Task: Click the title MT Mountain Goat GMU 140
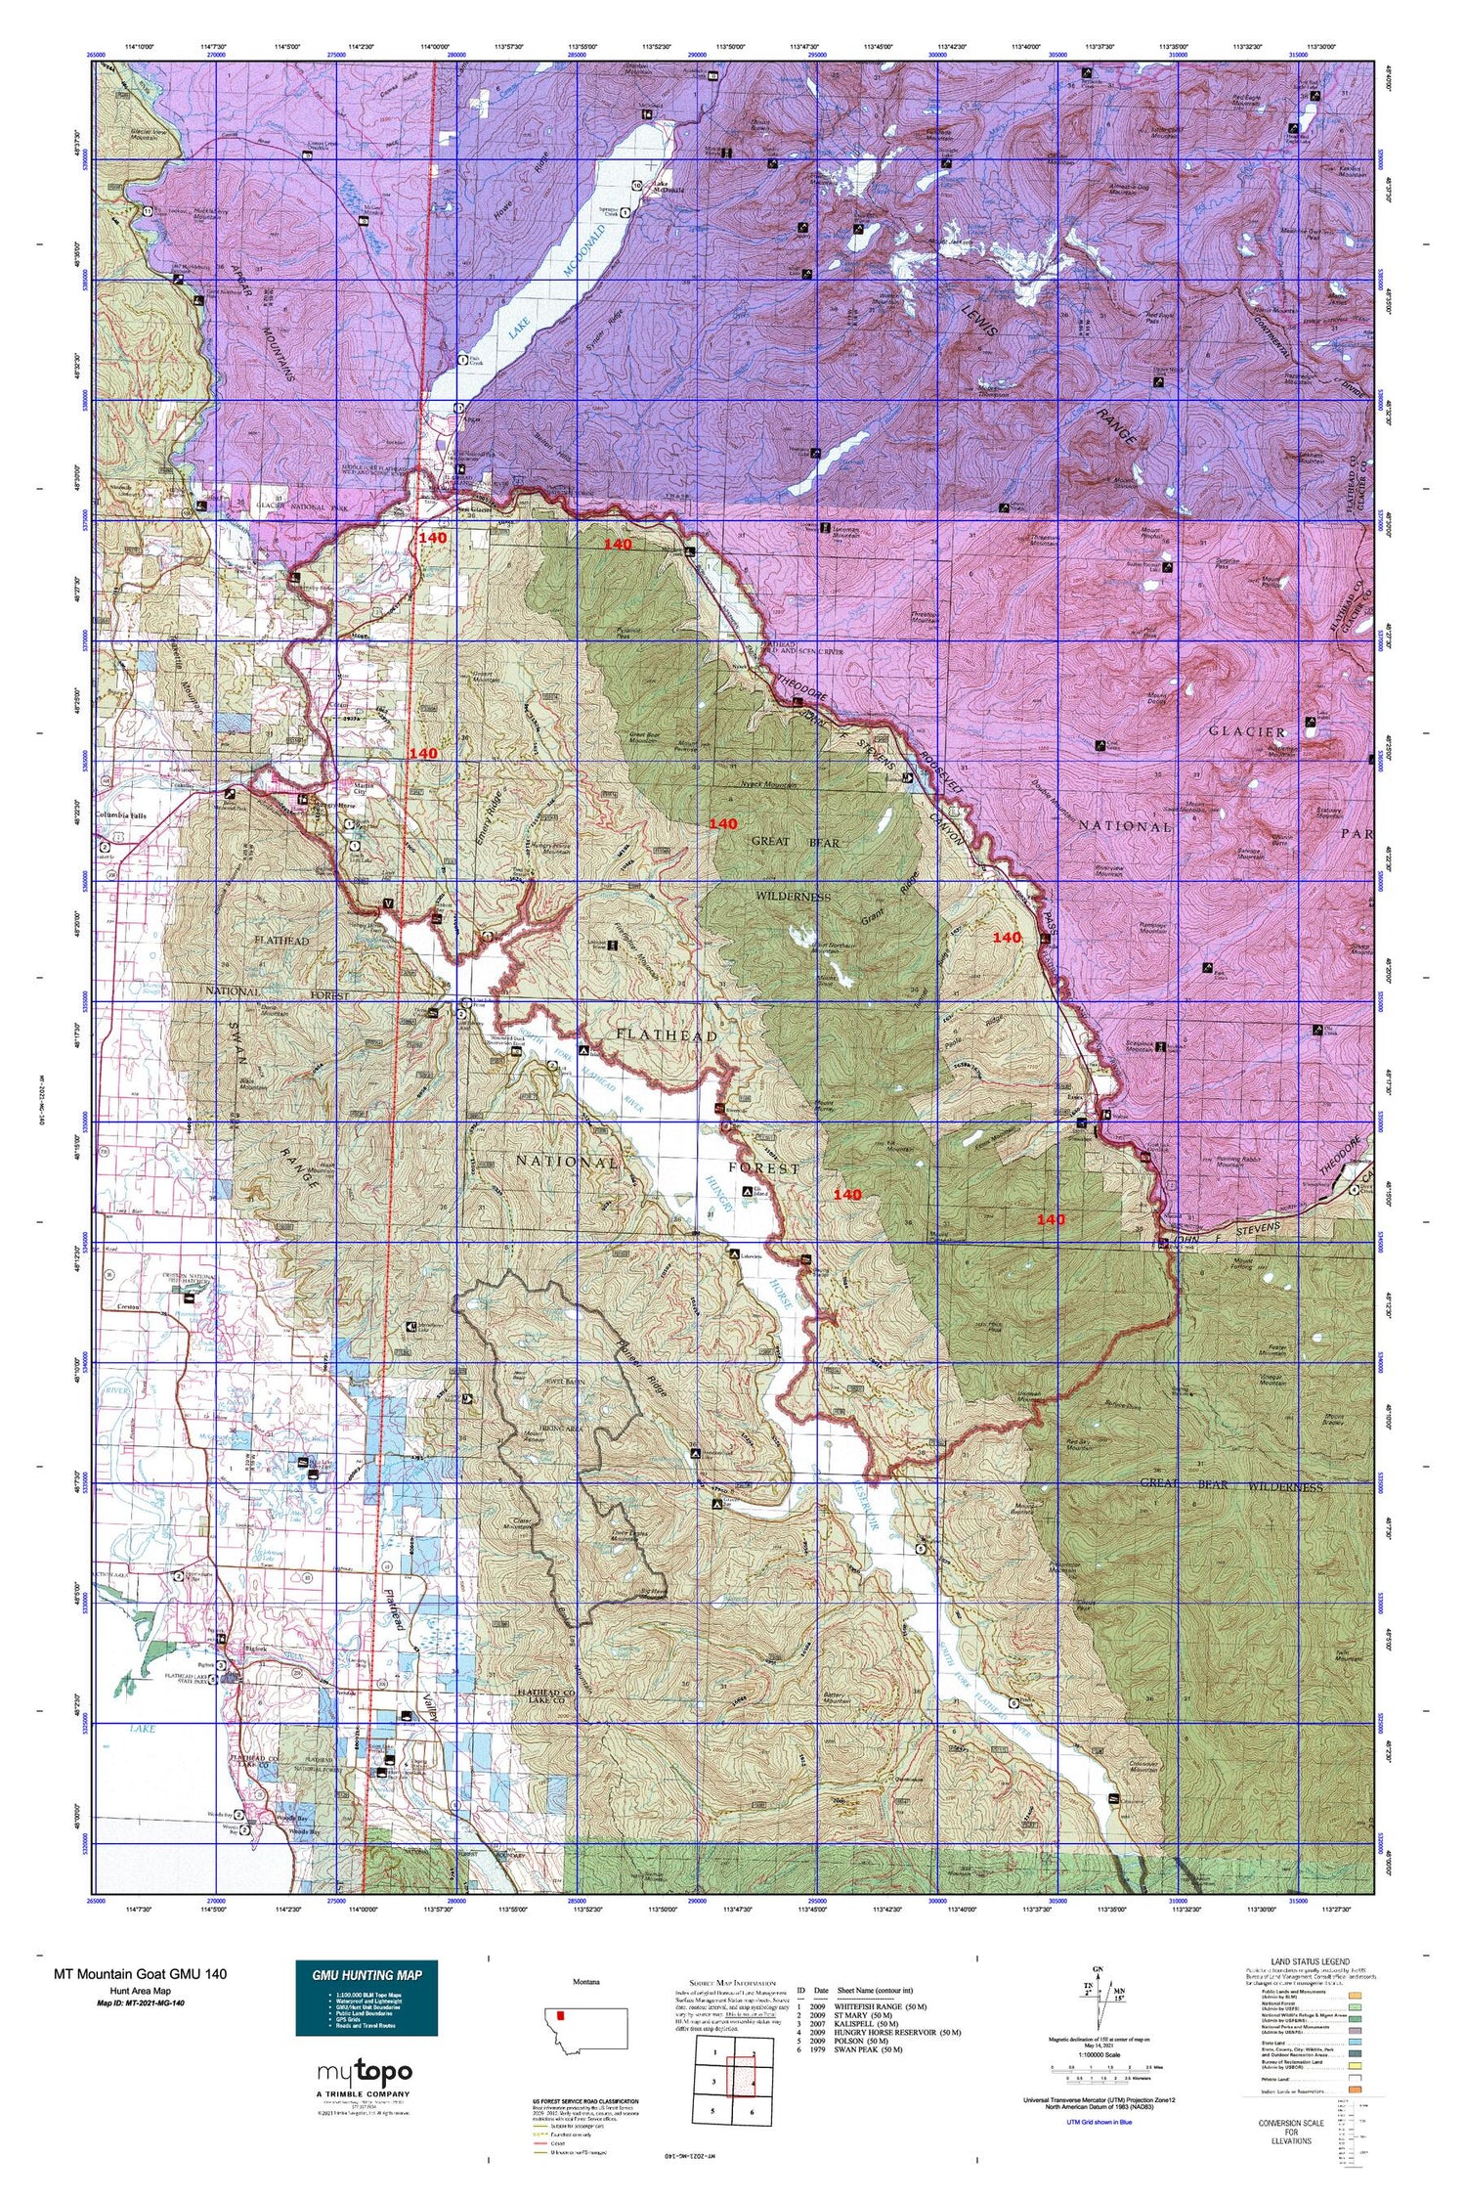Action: [140, 1973]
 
